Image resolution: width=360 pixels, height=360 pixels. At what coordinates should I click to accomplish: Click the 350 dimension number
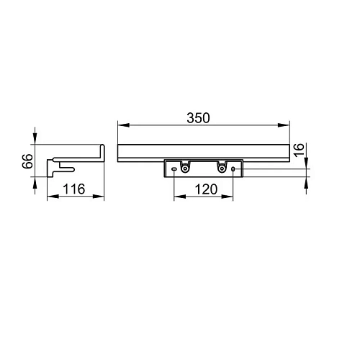[198, 118]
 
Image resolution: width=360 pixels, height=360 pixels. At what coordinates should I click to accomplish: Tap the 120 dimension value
[206, 189]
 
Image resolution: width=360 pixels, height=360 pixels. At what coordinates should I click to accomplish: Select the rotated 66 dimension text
[27, 161]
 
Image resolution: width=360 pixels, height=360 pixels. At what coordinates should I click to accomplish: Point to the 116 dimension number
[74, 189]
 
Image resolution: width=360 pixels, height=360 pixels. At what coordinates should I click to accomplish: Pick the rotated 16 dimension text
[299, 150]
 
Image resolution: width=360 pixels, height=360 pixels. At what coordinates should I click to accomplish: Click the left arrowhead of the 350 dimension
[124, 125]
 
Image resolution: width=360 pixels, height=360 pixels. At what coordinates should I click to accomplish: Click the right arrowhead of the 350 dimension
[284, 125]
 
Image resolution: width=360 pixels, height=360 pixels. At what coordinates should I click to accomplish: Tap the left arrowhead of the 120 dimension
[180, 197]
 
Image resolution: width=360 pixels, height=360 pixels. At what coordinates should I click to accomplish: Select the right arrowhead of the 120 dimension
[227, 197]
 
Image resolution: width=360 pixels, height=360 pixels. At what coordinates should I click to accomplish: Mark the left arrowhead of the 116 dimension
[53, 197]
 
